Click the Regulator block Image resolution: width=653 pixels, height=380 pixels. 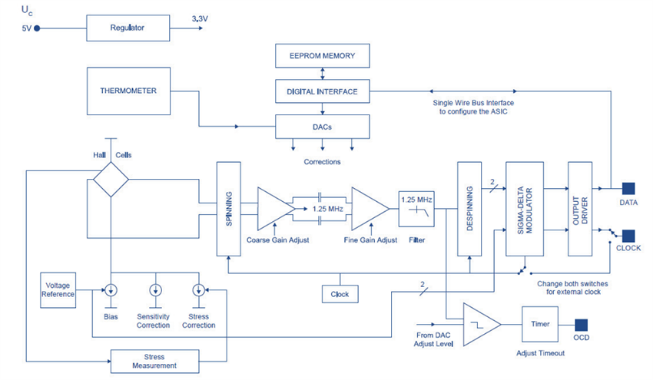click(128, 28)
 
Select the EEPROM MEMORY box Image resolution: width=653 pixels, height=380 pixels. click(323, 56)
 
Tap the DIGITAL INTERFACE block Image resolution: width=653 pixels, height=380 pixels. click(323, 91)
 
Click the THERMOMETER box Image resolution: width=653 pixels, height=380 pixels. click(128, 91)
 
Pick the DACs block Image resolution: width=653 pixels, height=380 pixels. click(323, 126)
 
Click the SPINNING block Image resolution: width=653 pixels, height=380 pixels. click(227, 209)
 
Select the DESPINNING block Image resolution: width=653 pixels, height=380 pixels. click(469, 209)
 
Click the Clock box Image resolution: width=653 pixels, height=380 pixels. click(340, 294)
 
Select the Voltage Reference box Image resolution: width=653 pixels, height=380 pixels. click(58, 289)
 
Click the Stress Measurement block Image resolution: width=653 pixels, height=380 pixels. click(154, 360)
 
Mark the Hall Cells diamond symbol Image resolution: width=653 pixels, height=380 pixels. click(110, 181)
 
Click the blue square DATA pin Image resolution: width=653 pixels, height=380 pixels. click(628, 188)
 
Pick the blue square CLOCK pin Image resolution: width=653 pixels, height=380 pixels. click(628, 236)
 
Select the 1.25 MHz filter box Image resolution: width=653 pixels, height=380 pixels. click(416, 208)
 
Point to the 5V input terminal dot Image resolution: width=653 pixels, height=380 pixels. click(37, 28)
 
